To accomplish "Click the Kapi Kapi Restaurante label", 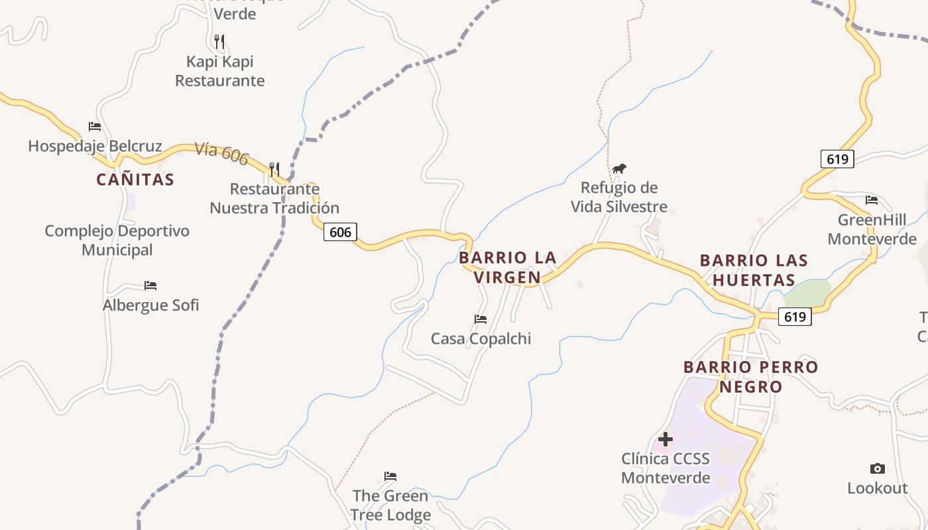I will (219, 71).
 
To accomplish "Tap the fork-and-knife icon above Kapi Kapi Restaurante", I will (219, 42).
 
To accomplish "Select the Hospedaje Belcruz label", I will (95, 146).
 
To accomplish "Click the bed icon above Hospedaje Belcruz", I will (95, 127).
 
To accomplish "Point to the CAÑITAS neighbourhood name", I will (135, 180).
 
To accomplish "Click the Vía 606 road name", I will (221, 154).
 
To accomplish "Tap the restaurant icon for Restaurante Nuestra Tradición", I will (274, 169).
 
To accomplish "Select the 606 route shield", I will (340, 232).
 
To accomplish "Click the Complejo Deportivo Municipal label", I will (117, 240).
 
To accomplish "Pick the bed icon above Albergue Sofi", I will (150, 286).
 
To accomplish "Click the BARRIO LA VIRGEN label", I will (508, 267).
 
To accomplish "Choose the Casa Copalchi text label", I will (481, 339).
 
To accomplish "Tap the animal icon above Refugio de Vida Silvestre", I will (619, 169).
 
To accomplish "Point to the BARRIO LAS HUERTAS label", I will (754, 270).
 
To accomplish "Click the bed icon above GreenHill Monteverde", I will (872, 199).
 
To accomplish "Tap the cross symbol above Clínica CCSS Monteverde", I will (666, 439).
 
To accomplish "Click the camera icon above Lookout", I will (878, 469).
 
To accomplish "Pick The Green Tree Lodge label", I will (390, 505).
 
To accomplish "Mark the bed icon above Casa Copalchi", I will (481, 319).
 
